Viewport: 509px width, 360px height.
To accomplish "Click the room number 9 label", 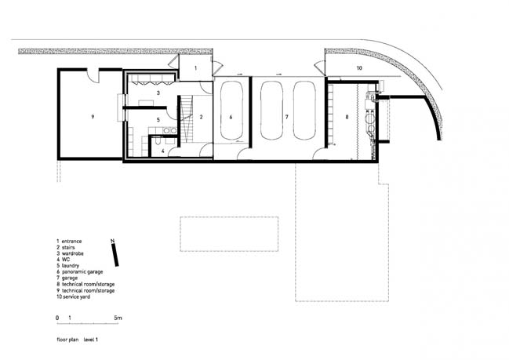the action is tap(93, 117).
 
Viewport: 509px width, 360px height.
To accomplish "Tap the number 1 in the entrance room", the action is tap(195, 68).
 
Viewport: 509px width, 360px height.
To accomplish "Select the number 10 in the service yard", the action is tap(359, 68).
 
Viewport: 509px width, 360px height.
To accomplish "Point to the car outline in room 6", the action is tap(231, 111).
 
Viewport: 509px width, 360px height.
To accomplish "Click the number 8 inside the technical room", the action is tap(347, 117).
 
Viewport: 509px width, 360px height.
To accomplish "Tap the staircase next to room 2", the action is tap(187, 118).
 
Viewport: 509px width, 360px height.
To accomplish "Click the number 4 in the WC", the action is tap(163, 151).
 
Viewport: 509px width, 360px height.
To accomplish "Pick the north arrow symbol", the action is tap(115, 253).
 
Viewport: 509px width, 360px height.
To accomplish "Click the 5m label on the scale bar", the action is tap(118, 318).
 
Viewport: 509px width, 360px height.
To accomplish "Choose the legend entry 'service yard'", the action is tap(76, 296).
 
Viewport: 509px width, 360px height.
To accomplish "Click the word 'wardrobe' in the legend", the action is tap(73, 253).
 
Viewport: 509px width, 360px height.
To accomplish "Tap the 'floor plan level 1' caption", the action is tap(78, 340).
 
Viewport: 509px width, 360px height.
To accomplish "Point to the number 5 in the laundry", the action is tap(158, 120).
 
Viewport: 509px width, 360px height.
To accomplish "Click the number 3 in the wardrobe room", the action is tap(158, 93).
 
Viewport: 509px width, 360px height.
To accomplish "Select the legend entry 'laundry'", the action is tap(71, 266).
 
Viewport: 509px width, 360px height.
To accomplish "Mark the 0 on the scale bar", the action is tap(57, 318).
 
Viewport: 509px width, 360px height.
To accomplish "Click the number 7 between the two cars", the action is tap(286, 117).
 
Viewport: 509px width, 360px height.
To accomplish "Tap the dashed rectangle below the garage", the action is tap(229, 234).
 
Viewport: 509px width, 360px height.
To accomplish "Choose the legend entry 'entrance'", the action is tap(71, 242).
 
